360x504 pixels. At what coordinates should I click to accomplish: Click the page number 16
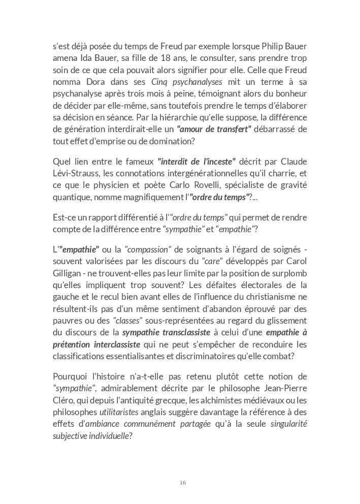click(182, 483)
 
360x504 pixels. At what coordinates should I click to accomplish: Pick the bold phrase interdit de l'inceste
click(197, 162)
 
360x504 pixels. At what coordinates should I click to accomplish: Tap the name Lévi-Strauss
click(76, 173)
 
